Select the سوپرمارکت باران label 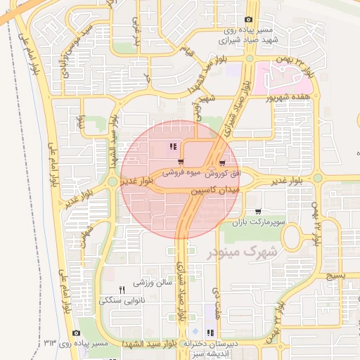261,221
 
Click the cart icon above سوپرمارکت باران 259,211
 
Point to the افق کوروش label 226,172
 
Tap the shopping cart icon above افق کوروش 224,161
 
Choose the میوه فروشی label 183,172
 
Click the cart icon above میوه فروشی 171,162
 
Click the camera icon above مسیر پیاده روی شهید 247,20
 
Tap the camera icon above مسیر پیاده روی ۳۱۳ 76,333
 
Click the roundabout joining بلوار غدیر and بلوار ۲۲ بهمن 317,179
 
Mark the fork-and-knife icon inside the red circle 173,147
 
